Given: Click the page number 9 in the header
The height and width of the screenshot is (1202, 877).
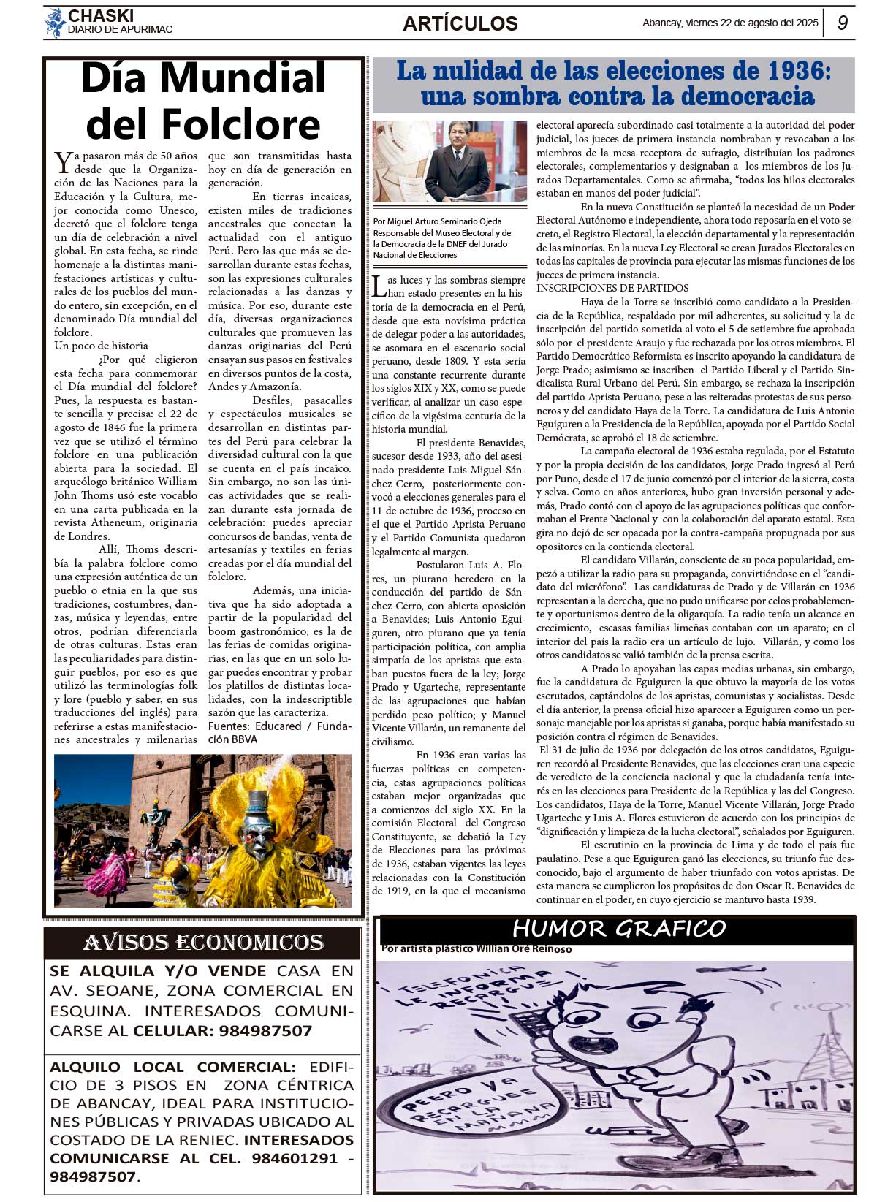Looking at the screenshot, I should coord(843,23).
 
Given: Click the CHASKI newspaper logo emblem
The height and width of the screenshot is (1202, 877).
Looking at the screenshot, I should coord(55,23).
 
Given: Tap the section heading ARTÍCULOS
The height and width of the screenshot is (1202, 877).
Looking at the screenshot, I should coord(460,23).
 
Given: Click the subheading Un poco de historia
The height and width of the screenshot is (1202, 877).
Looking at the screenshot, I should coord(101,346).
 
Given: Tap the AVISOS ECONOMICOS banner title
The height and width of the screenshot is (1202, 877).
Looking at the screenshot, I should coord(203,943).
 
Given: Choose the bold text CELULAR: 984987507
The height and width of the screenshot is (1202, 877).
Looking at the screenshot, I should coord(222,1031).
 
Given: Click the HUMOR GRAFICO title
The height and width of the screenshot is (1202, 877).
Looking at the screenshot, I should coord(618,929).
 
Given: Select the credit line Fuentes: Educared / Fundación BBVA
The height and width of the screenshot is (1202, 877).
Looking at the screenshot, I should coord(279,733).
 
